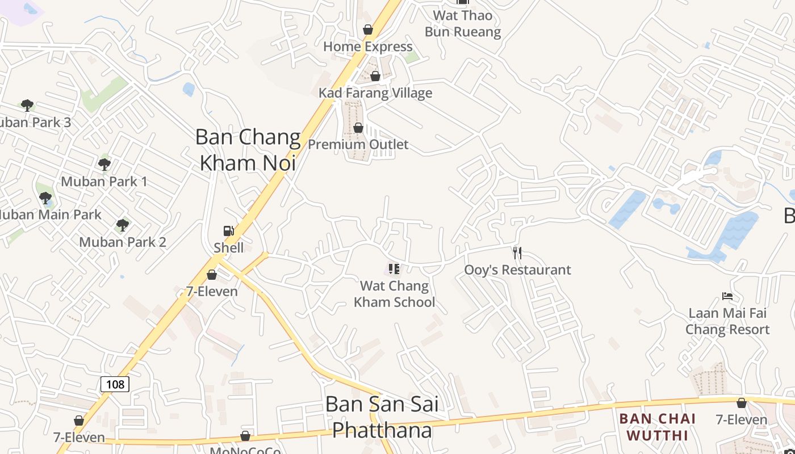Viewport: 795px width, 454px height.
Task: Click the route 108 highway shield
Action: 115,384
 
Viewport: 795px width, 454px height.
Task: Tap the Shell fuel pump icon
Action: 229,231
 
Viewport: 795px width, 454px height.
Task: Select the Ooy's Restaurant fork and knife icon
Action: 517,253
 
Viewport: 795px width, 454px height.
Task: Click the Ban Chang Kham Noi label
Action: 248,150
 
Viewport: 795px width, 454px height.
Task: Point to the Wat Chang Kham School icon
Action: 394,268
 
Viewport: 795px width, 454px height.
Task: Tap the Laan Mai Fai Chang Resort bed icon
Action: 727,296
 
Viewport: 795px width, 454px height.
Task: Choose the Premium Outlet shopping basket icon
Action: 358,128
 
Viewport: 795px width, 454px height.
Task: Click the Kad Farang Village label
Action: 375,93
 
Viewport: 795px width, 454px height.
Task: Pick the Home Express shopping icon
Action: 368,30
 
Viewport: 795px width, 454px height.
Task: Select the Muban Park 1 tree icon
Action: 104,165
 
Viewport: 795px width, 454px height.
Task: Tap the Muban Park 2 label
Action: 123,242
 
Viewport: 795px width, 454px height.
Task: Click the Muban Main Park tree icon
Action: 45,197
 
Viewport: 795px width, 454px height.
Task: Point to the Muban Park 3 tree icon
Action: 27,105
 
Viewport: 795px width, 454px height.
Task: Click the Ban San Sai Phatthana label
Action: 382,417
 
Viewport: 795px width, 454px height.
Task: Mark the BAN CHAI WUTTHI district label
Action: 658,427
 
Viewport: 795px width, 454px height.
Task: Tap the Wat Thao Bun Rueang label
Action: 463,23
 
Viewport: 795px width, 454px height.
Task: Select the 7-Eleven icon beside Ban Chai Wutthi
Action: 741,403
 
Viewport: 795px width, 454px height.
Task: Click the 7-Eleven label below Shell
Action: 212,292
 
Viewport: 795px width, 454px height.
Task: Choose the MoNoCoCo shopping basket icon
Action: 245,436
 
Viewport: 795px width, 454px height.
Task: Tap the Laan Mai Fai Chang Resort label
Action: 727,321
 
